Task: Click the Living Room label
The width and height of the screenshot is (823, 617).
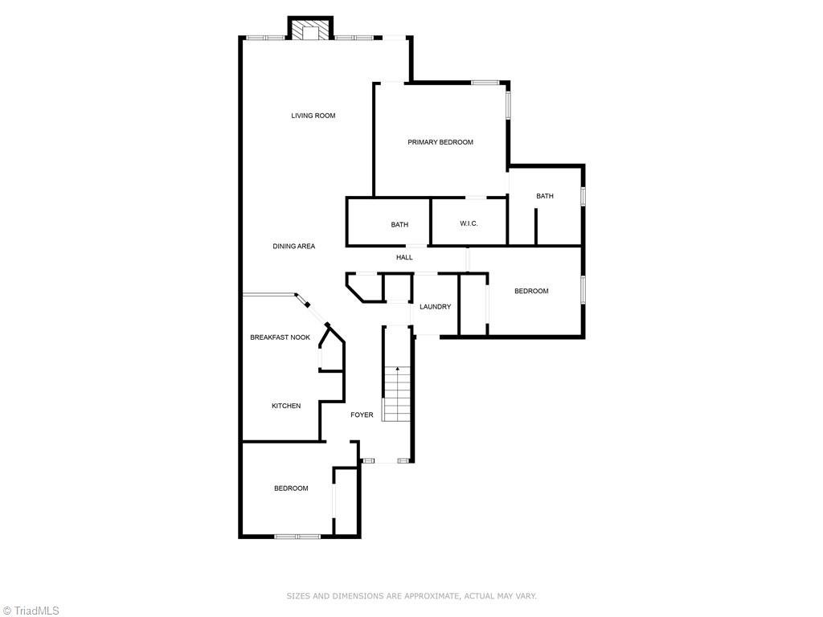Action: pos(313,116)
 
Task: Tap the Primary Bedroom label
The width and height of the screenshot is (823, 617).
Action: pos(440,142)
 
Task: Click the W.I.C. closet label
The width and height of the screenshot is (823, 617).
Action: pos(469,223)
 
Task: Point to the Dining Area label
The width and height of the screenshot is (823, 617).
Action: pos(293,247)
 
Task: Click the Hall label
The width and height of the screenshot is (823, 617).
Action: pos(404,257)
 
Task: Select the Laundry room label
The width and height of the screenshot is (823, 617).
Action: pos(435,307)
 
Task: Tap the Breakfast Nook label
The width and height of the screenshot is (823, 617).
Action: pos(280,337)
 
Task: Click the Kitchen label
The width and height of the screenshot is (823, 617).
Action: pos(285,406)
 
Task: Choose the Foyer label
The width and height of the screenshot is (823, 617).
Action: pos(362,415)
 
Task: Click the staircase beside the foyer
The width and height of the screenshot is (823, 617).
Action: pos(396,394)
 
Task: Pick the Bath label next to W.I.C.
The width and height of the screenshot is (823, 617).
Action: pos(399,225)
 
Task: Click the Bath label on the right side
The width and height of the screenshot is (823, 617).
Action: pos(545,196)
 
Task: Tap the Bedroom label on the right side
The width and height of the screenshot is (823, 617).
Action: pos(531,291)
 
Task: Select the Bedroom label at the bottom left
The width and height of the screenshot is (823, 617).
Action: pos(291,488)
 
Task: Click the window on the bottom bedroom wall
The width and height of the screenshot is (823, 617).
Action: pos(297,536)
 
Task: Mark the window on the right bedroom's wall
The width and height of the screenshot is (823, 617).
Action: pos(583,291)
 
